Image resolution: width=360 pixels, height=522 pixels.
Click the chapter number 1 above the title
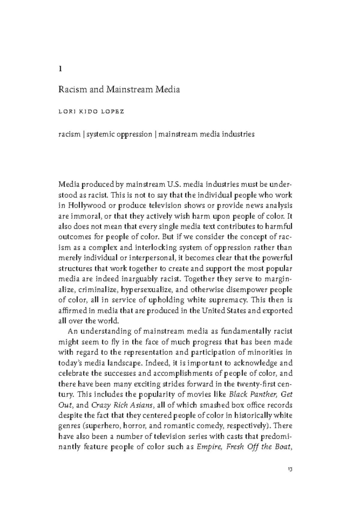point(60,69)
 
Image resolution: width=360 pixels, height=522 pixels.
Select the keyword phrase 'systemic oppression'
point(119,134)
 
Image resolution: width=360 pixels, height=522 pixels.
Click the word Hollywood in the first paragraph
point(91,205)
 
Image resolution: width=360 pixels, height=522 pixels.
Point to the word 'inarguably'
point(142,279)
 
